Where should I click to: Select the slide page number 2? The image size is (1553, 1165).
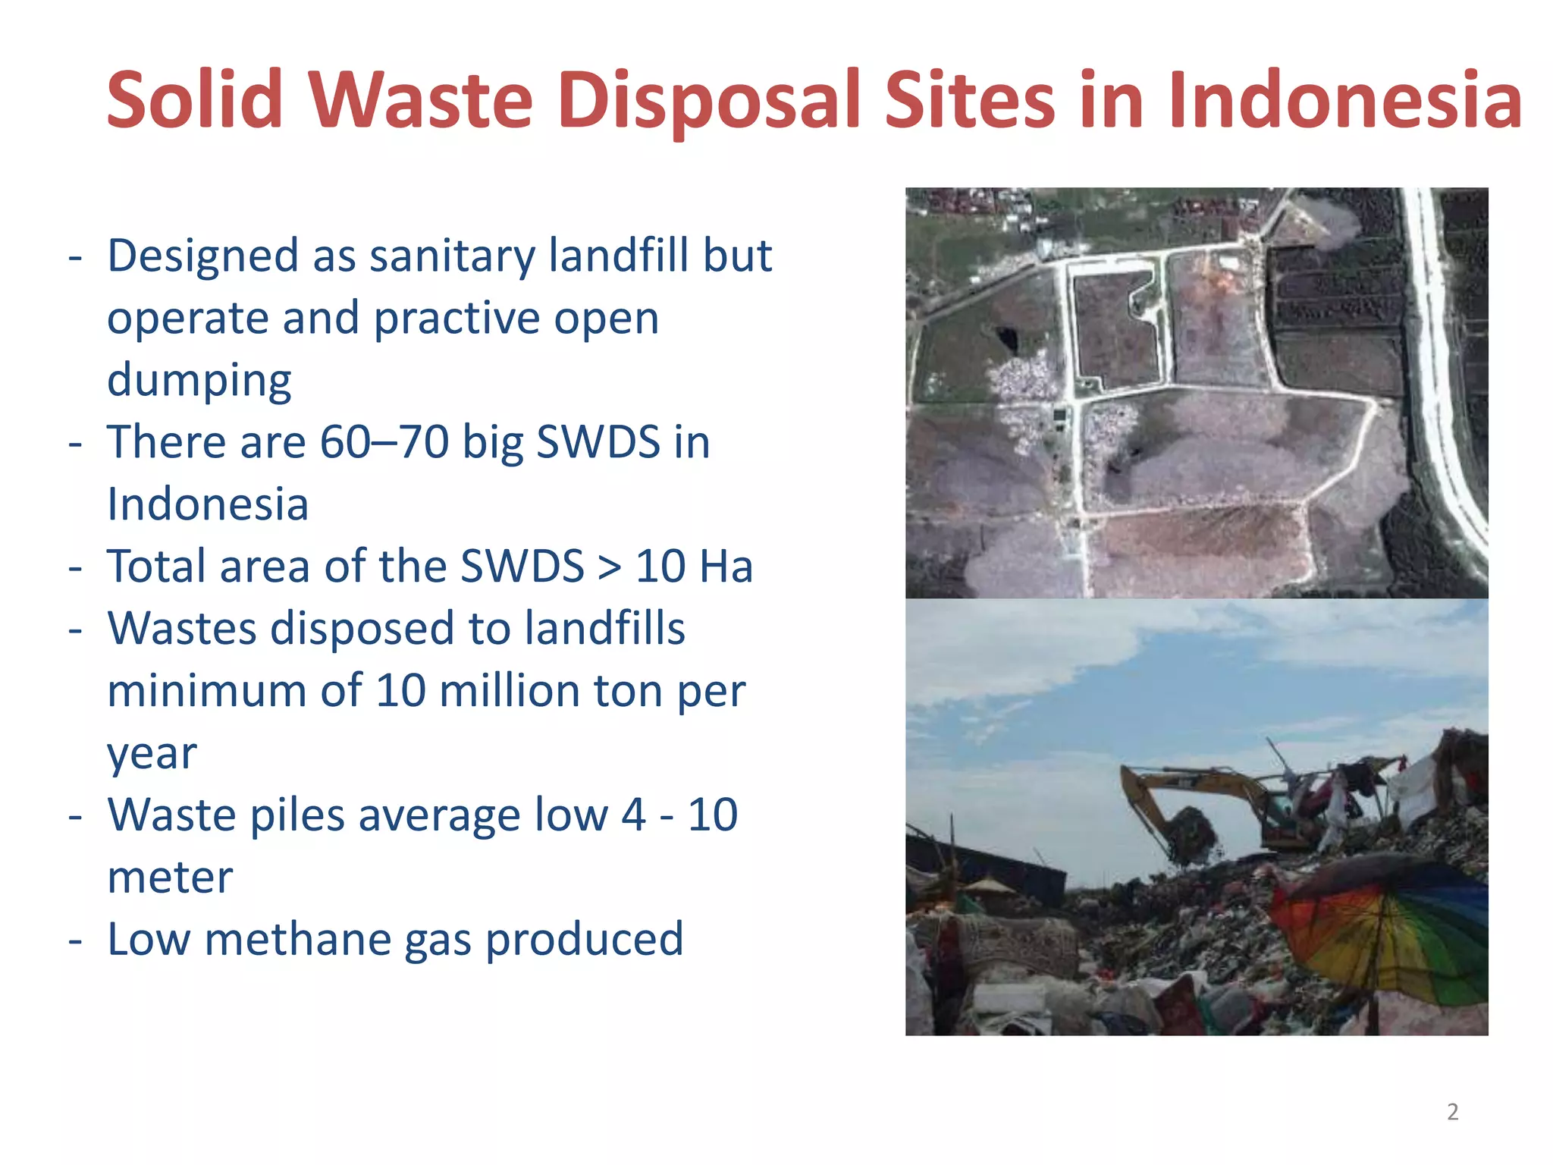click(x=1452, y=1111)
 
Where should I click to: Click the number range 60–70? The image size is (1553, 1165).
click(x=384, y=442)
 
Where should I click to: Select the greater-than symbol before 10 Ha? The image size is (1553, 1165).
click(x=608, y=567)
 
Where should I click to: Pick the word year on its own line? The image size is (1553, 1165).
click(x=152, y=753)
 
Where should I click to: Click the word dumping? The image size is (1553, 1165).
click(x=199, y=380)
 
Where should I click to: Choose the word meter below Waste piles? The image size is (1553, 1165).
click(x=170, y=878)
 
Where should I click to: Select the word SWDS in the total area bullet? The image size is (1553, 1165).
click(x=522, y=567)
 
